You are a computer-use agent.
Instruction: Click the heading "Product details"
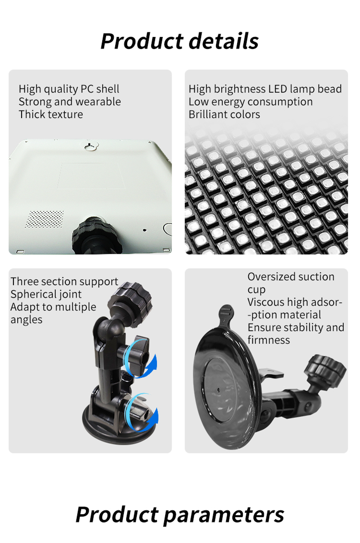[179, 41]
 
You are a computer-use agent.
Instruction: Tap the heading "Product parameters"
[180, 515]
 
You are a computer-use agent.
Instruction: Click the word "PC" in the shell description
[87, 89]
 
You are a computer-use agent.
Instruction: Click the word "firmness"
[269, 340]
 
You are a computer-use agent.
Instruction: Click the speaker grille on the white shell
[44, 219]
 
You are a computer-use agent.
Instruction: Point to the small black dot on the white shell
[144, 230]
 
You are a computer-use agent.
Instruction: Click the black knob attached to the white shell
[96, 235]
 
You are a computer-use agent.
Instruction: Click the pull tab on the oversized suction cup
[226, 315]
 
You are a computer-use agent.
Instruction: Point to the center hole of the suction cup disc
[219, 390]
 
